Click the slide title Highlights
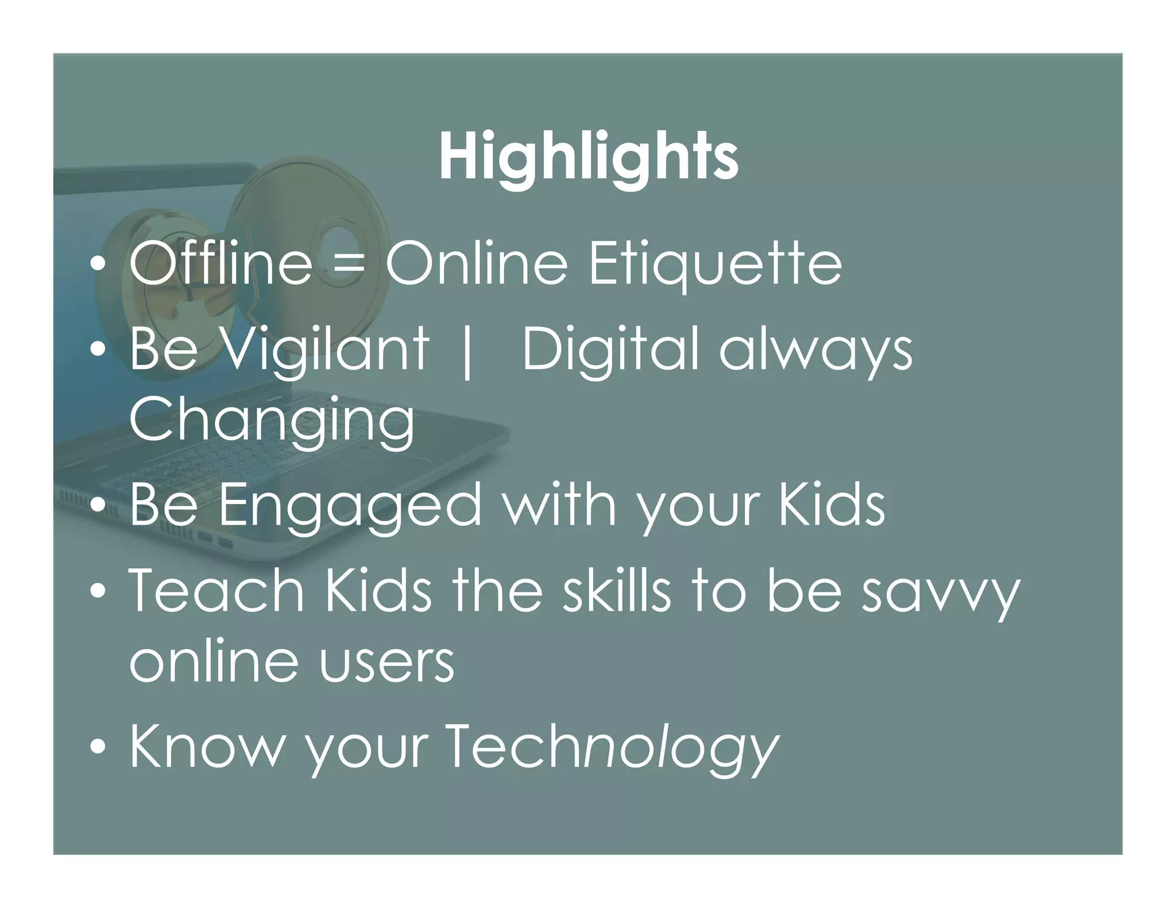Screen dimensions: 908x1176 (x=588, y=156)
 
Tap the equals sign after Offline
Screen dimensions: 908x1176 (x=349, y=265)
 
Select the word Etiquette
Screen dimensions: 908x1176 (x=715, y=265)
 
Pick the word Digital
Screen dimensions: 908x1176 (x=610, y=350)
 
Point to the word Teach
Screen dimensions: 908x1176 (x=216, y=591)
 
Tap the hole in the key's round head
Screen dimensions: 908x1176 (x=334, y=242)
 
